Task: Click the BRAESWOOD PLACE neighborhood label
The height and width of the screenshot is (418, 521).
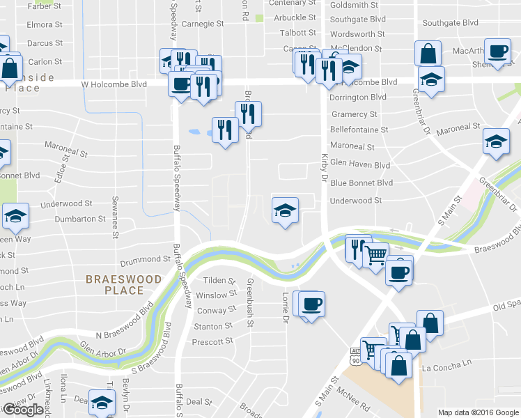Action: pos(123,285)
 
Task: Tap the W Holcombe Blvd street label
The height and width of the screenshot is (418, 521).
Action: pos(114,84)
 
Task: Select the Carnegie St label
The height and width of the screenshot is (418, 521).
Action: pos(203,23)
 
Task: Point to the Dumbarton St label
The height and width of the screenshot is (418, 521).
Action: pos(72,219)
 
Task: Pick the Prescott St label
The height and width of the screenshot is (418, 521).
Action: pos(212,341)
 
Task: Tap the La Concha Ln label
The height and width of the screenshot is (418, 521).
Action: pos(446,364)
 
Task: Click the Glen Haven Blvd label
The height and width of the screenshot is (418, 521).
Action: pos(360,164)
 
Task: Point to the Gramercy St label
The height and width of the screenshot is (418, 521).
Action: pos(354,114)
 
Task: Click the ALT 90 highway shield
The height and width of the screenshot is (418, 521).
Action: pos(357,357)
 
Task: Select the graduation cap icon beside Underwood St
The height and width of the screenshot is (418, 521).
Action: pos(285,210)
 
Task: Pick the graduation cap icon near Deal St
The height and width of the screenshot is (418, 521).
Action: pos(102,403)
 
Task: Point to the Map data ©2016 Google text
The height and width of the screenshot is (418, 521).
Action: pos(478,412)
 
